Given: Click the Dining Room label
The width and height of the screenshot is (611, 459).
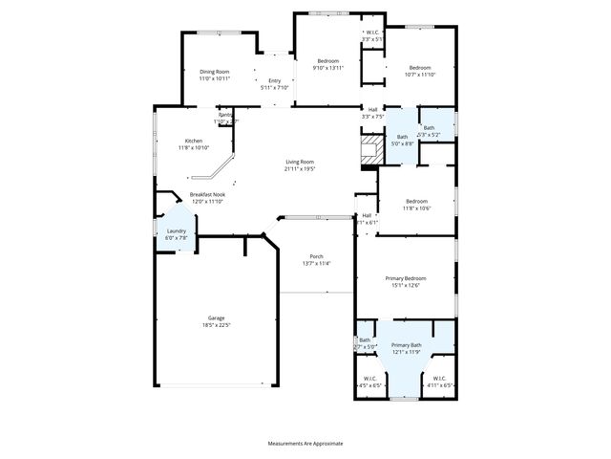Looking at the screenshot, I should tap(215, 72).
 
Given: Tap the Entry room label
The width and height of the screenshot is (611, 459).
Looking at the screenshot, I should tap(275, 80).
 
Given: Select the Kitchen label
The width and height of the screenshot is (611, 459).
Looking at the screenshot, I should tap(193, 141).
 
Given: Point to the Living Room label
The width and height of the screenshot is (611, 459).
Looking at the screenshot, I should tap(300, 162).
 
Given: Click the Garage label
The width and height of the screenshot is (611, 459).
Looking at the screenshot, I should tap(218, 318).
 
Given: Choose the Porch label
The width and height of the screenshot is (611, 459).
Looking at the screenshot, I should tap(316, 256).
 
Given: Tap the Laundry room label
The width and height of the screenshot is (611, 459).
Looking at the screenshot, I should tap(177, 230).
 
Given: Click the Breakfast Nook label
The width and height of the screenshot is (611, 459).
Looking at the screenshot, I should tap(207, 194).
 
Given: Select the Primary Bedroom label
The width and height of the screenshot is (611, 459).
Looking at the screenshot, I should tap(403, 278).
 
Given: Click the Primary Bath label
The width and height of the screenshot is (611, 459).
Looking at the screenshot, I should tap(406, 344).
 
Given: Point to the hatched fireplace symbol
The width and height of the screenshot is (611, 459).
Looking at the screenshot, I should tap(368, 150).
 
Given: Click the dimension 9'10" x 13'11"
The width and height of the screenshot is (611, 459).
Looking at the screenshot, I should tap(328, 68).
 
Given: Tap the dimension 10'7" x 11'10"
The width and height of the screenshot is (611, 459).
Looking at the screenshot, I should tap(420, 74).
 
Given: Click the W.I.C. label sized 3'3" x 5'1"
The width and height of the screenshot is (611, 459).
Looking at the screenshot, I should tap(372, 33).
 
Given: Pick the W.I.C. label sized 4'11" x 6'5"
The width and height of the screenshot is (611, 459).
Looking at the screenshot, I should tap(439, 378).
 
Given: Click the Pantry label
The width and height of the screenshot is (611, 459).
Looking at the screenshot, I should tap(225, 116).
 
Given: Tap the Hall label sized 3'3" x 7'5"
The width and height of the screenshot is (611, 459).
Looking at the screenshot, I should tap(373, 110).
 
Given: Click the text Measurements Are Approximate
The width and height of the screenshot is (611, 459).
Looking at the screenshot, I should tap(305, 444).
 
